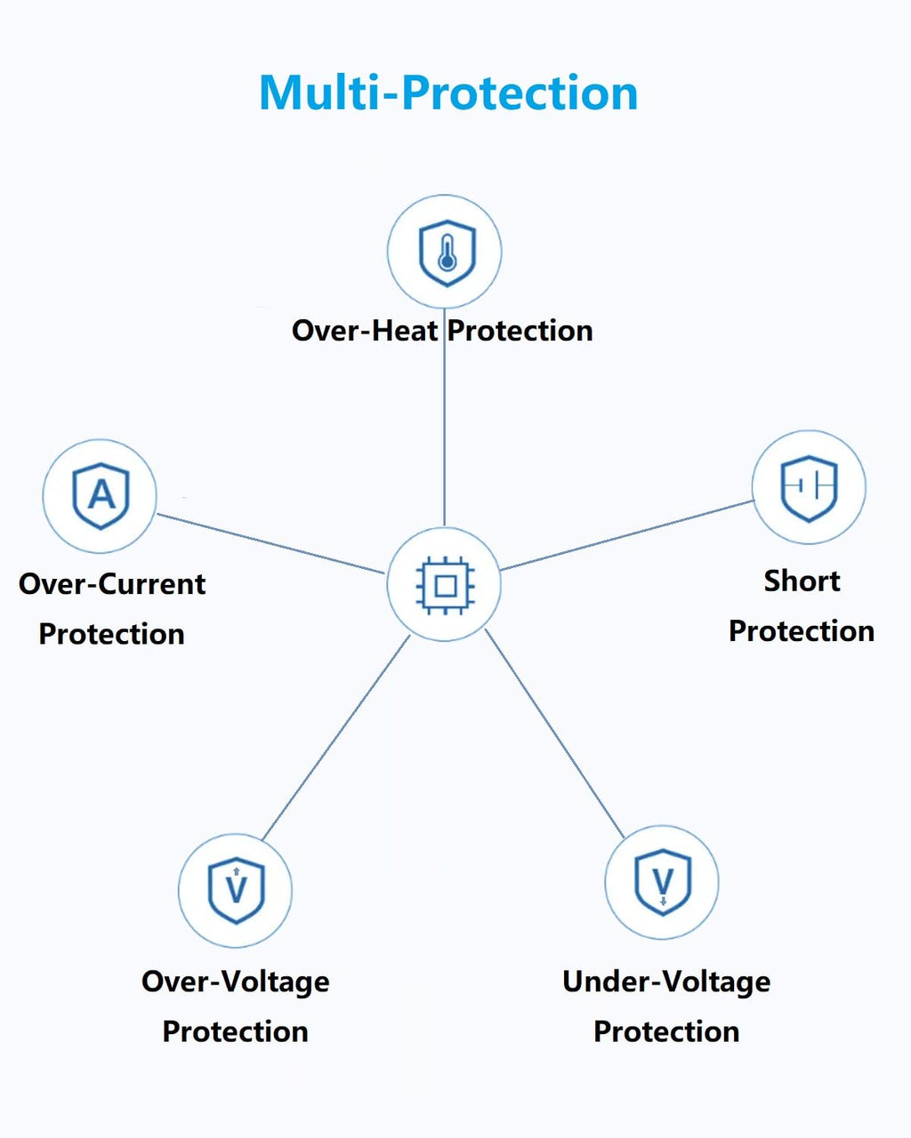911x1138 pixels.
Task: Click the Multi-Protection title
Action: (x=448, y=92)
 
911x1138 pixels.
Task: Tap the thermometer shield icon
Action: (x=447, y=253)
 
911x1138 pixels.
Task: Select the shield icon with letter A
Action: (x=101, y=496)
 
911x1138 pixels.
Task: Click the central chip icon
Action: (x=445, y=585)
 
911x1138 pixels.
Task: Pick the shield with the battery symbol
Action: (x=810, y=489)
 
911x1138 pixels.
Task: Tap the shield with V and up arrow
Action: (x=236, y=890)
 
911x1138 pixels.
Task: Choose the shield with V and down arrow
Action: (x=663, y=882)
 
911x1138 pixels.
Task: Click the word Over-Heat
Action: (x=365, y=331)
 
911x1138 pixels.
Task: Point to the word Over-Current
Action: (x=112, y=584)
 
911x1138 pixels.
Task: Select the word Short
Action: (x=802, y=581)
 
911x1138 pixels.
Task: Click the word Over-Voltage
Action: (x=236, y=982)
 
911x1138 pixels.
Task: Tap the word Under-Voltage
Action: (x=666, y=982)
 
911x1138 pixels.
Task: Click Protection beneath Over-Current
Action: (x=112, y=634)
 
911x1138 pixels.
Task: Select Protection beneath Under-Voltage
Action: (x=666, y=1031)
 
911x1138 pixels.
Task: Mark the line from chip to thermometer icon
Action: (x=444, y=417)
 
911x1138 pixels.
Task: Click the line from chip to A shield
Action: (x=271, y=543)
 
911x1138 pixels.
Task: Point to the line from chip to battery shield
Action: (x=626, y=535)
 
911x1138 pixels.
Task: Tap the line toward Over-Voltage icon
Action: (x=336, y=738)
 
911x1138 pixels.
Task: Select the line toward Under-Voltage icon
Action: (x=555, y=733)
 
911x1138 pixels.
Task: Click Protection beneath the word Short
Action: (x=802, y=631)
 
